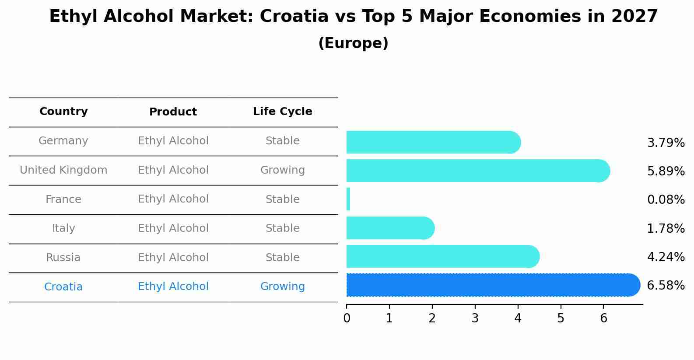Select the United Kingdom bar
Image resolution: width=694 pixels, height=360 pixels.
[x=477, y=171]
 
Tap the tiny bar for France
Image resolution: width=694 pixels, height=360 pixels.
[x=348, y=199]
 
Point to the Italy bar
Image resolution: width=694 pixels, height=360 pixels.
[x=389, y=228]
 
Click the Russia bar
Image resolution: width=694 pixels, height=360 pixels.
[x=442, y=256]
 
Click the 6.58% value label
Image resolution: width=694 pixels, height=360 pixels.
[x=666, y=286]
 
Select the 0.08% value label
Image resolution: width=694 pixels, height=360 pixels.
[x=666, y=200]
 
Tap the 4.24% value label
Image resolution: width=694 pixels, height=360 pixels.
[x=666, y=257]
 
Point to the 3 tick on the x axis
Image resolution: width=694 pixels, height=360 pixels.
[x=475, y=318]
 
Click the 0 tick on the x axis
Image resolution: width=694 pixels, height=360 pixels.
[x=347, y=318]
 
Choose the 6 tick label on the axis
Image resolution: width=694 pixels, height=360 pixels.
[x=603, y=318]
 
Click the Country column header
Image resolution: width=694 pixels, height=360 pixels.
[x=63, y=112]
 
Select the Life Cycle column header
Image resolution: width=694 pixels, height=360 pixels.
[x=282, y=112]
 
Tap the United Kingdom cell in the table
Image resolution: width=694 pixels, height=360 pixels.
[x=63, y=170]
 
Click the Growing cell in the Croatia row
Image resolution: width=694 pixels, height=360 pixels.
[x=282, y=287]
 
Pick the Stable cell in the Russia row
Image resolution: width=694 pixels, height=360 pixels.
[x=282, y=258]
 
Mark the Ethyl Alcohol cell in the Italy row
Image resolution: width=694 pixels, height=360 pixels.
[x=173, y=228]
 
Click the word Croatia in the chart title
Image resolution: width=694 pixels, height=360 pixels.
[x=294, y=17]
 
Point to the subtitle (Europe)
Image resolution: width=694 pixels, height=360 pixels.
[x=353, y=43]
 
